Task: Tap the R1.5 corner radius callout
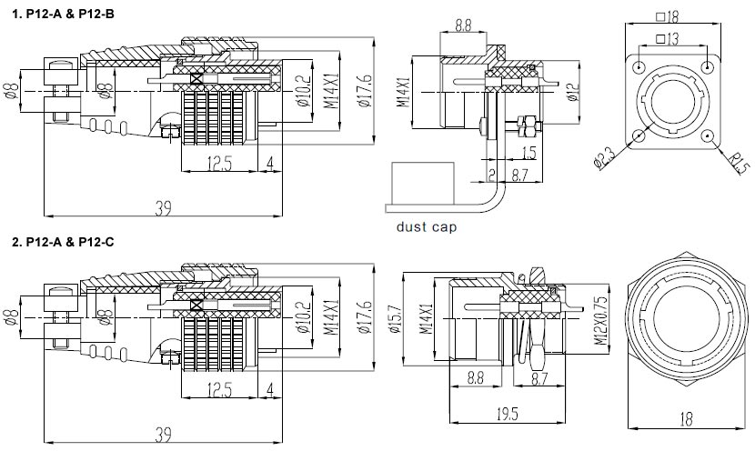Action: (739, 161)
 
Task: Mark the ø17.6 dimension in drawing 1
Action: (364, 91)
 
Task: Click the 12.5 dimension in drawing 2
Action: (218, 389)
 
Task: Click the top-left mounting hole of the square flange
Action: (640, 67)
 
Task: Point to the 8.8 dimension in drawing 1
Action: (462, 25)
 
